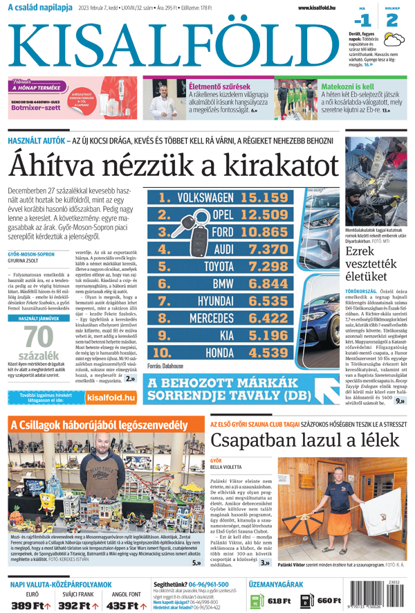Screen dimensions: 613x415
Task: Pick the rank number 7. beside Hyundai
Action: [164, 301]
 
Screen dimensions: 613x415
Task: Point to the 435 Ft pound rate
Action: [126, 605]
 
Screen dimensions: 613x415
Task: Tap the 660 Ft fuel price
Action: [329, 601]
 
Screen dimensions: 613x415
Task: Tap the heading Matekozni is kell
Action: [347, 87]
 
